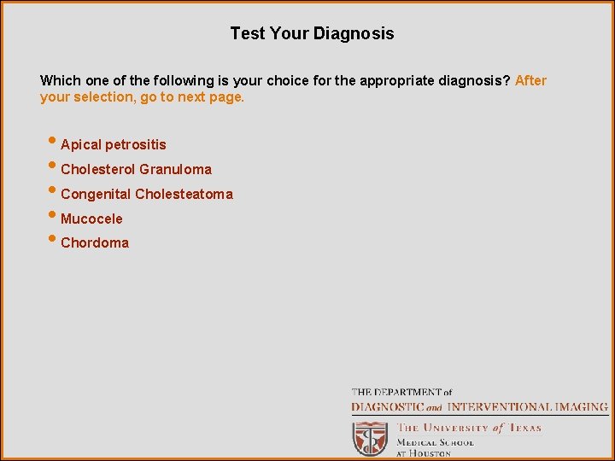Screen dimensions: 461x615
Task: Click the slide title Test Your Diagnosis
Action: click(312, 34)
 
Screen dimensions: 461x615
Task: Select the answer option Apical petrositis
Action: click(113, 145)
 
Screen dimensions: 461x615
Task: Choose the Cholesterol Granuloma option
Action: click(136, 169)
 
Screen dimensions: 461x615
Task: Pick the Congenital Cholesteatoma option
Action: click(146, 194)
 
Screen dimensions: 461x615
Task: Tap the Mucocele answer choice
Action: click(91, 219)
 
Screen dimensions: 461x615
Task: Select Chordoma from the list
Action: click(95, 243)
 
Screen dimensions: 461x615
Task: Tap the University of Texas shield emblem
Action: click(371, 438)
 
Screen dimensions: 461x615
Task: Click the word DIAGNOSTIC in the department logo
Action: click(388, 407)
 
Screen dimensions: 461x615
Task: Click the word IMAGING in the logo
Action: click(581, 407)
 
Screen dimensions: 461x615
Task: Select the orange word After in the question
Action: click(530, 81)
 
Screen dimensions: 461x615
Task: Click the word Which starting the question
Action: click(60, 81)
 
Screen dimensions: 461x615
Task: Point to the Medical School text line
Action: click(434, 442)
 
